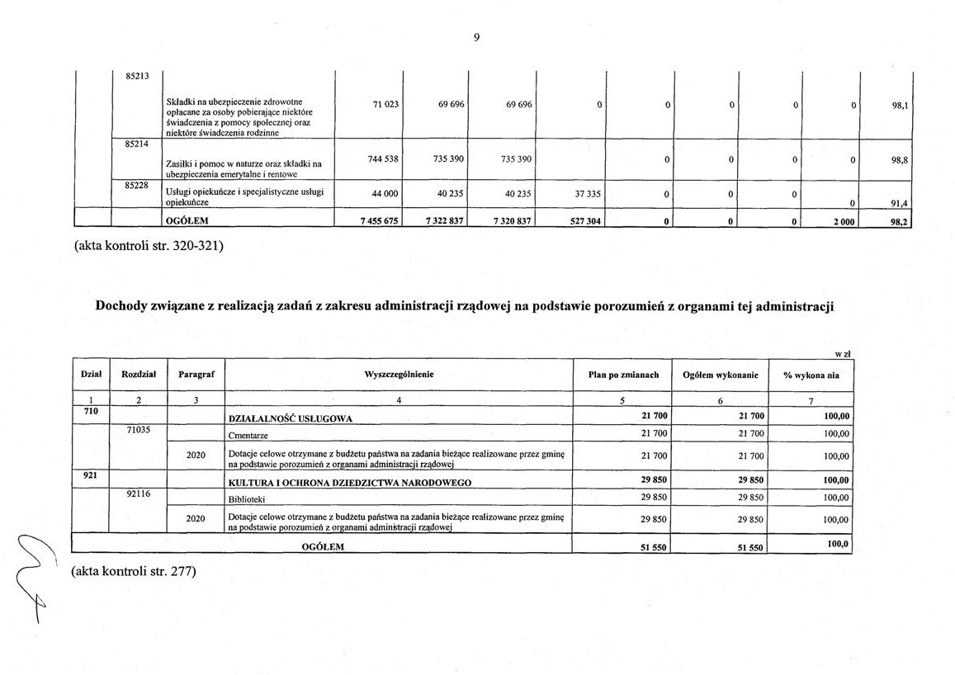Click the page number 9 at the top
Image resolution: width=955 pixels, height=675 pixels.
click(x=476, y=37)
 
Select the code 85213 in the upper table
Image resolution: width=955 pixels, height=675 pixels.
click(x=137, y=77)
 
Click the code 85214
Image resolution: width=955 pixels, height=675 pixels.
click(x=137, y=144)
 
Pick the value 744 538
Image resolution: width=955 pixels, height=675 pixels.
click(x=381, y=158)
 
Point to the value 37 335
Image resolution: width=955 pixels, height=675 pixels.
click(x=589, y=195)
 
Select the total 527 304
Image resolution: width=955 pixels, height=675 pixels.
click(x=585, y=221)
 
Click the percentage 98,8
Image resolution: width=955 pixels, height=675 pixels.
click(x=900, y=161)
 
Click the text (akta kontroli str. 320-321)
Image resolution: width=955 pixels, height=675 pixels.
click(x=149, y=245)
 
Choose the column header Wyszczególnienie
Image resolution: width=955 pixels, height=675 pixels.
click(x=399, y=375)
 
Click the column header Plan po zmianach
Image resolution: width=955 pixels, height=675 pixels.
click(x=623, y=375)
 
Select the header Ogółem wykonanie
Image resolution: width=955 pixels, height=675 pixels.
click(x=721, y=375)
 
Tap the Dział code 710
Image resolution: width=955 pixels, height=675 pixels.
click(x=91, y=410)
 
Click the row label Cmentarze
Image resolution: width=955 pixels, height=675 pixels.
click(x=248, y=435)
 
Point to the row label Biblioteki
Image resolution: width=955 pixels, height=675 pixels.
click(x=247, y=499)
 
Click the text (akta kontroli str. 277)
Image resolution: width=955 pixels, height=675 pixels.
click(x=133, y=570)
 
